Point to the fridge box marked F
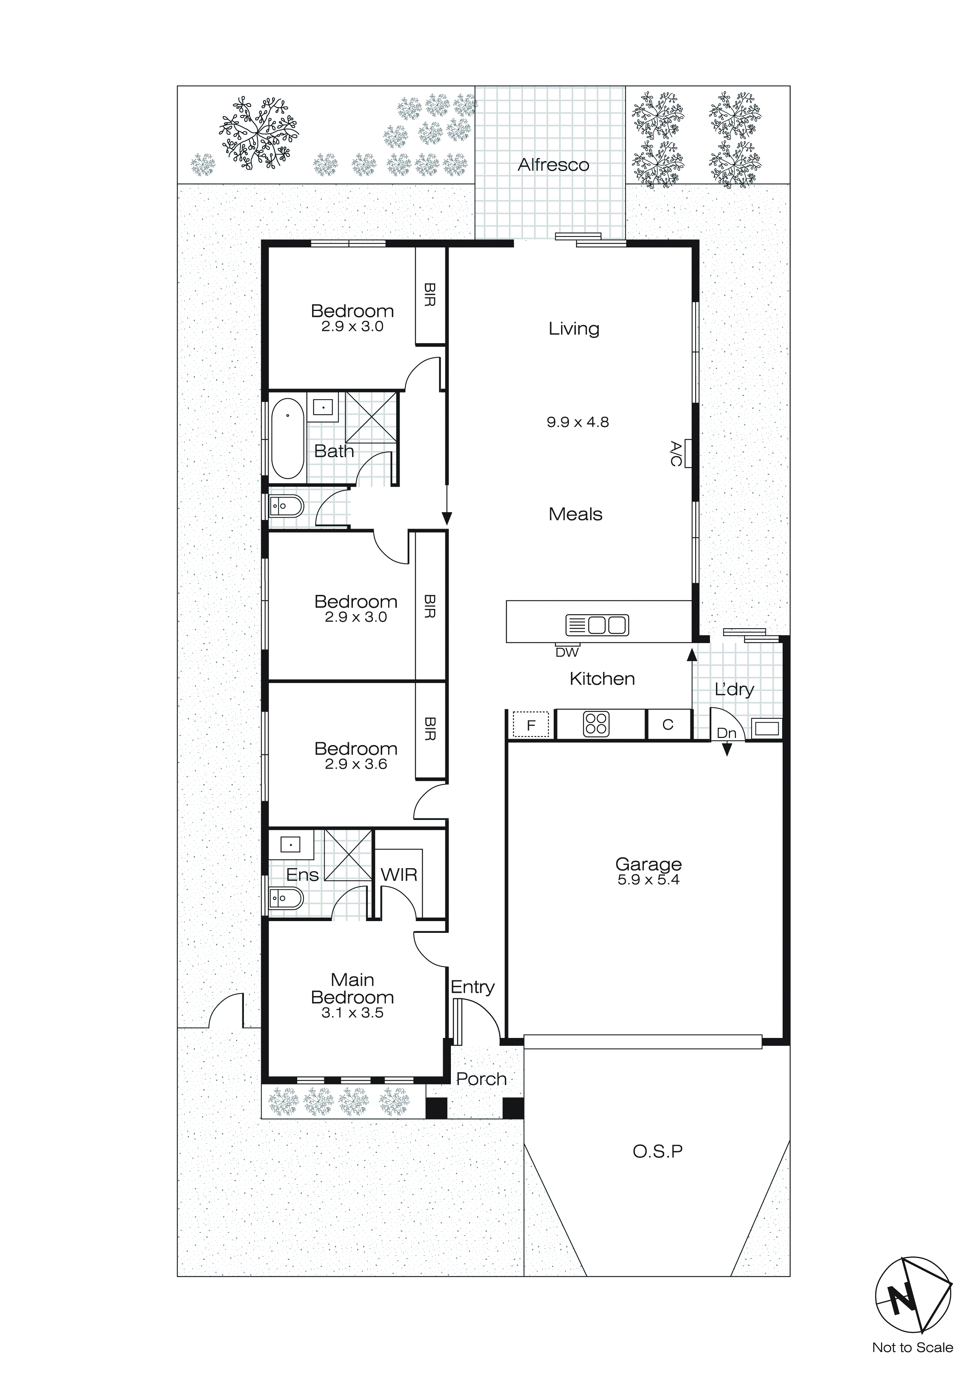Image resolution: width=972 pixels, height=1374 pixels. pyautogui.click(x=530, y=726)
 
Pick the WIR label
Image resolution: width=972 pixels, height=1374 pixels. pyautogui.click(x=399, y=874)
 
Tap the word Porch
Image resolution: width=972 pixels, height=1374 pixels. pyautogui.click(x=481, y=1079)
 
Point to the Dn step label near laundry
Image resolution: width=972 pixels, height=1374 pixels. pyautogui.click(x=726, y=733)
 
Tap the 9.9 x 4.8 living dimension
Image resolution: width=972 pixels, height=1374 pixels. pyautogui.click(x=578, y=422)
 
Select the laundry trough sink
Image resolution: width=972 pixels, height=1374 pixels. pyautogui.click(x=767, y=728)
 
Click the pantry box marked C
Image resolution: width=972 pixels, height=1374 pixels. pyautogui.click(x=668, y=725)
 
